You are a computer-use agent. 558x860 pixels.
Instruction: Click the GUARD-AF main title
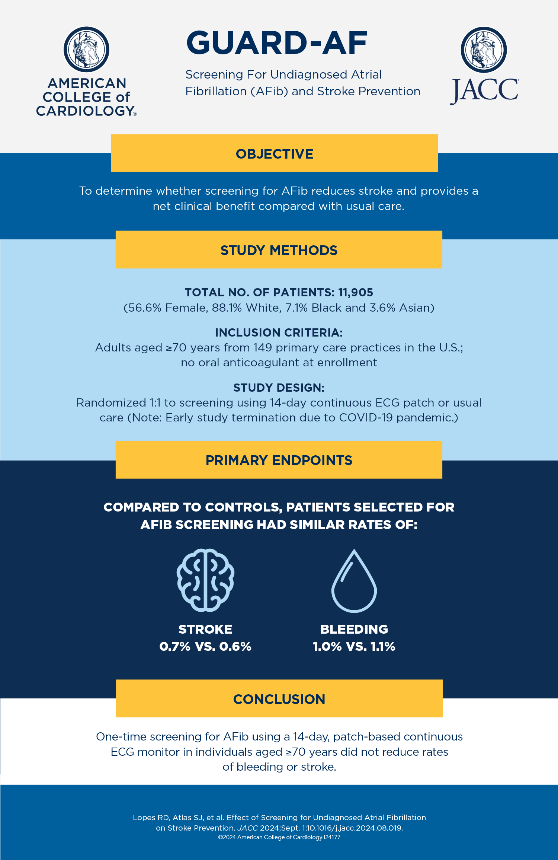click(x=277, y=43)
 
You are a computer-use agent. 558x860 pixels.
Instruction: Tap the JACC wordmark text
click(x=484, y=90)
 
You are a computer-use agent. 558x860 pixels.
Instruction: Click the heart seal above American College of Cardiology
click(x=86, y=49)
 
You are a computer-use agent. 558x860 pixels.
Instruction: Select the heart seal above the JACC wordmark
click(x=484, y=50)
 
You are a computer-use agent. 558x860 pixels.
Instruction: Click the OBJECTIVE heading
click(x=275, y=154)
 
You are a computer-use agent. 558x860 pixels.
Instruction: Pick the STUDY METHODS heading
click(x=279, y=250)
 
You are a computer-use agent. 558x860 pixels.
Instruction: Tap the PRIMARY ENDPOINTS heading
click(x=279, y=460)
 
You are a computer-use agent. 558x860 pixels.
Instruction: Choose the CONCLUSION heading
click(x=279, y=699)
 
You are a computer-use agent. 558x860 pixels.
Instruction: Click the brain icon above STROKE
click(x=205, y=580)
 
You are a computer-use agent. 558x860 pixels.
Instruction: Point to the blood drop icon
click(x=354, y=581)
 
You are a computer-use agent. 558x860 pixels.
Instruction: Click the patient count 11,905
click(x=355, y=293)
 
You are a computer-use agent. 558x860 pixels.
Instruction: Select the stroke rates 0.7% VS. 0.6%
click(x=205, y=646)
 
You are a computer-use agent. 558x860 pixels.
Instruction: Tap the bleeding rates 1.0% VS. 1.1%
click(x=354, y=646)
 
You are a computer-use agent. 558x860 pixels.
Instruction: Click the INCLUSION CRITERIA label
click(x=279, y=332)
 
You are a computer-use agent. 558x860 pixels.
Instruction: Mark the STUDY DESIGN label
click(x=279, y=388)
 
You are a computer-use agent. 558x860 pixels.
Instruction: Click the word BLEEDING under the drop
click(x=354, y=629)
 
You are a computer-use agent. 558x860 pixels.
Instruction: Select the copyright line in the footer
click(x=279, y=837)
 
